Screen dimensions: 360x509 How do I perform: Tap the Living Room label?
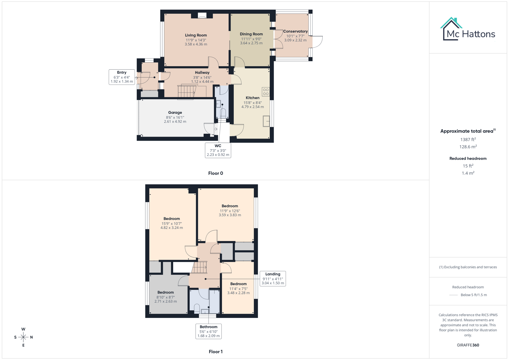[x=196, y=35]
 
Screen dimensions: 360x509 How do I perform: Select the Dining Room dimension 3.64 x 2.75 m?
[x=251, y=43]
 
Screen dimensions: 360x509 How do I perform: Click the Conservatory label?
[x=295, y=31]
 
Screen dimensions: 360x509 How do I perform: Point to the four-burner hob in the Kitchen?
[x=266, y=92]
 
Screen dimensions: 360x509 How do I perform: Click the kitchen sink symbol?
[x=266, y=121]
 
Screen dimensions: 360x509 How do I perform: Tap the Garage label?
[x=175, y=113]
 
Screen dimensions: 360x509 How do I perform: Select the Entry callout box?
[x=122, y=77]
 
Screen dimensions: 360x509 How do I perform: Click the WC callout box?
[x=218, y=150]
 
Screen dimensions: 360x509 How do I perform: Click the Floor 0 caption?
[x=215, y=173]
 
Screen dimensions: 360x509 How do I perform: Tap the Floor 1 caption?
[x=215, y=352]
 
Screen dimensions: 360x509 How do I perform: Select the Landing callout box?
[x=273, y=279]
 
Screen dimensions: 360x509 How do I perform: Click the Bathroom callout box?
[x=208, y=331]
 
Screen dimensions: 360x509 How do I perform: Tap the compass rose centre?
[x=23, y=337]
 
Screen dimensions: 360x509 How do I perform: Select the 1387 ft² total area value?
[x=468, y=140]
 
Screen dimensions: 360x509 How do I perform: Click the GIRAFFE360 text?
[x=468, y=345]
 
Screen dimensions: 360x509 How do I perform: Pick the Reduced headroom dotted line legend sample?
[x=453, y=295]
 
